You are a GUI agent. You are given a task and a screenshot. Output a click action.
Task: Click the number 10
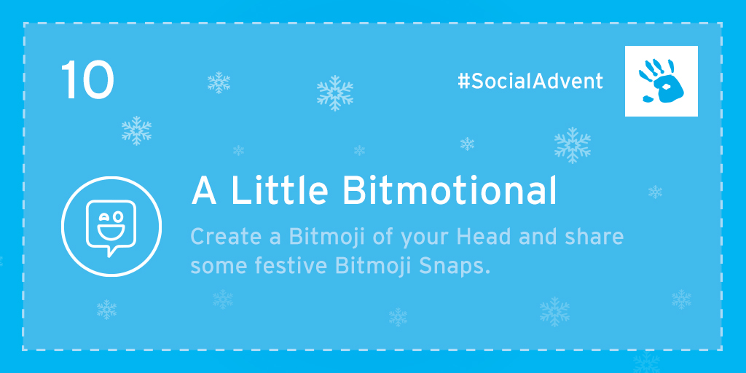point(87,80)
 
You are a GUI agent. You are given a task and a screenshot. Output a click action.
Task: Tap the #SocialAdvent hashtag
point(530,82)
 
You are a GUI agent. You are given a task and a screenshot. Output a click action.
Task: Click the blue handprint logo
point(661,81)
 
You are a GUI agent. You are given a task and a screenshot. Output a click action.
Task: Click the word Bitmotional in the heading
point(449,191)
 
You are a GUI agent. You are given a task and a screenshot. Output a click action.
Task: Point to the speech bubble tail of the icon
point(111,251)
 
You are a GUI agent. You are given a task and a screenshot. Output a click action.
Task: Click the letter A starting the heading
point(204,191)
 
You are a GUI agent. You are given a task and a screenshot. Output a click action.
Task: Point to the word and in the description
point(537,237)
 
